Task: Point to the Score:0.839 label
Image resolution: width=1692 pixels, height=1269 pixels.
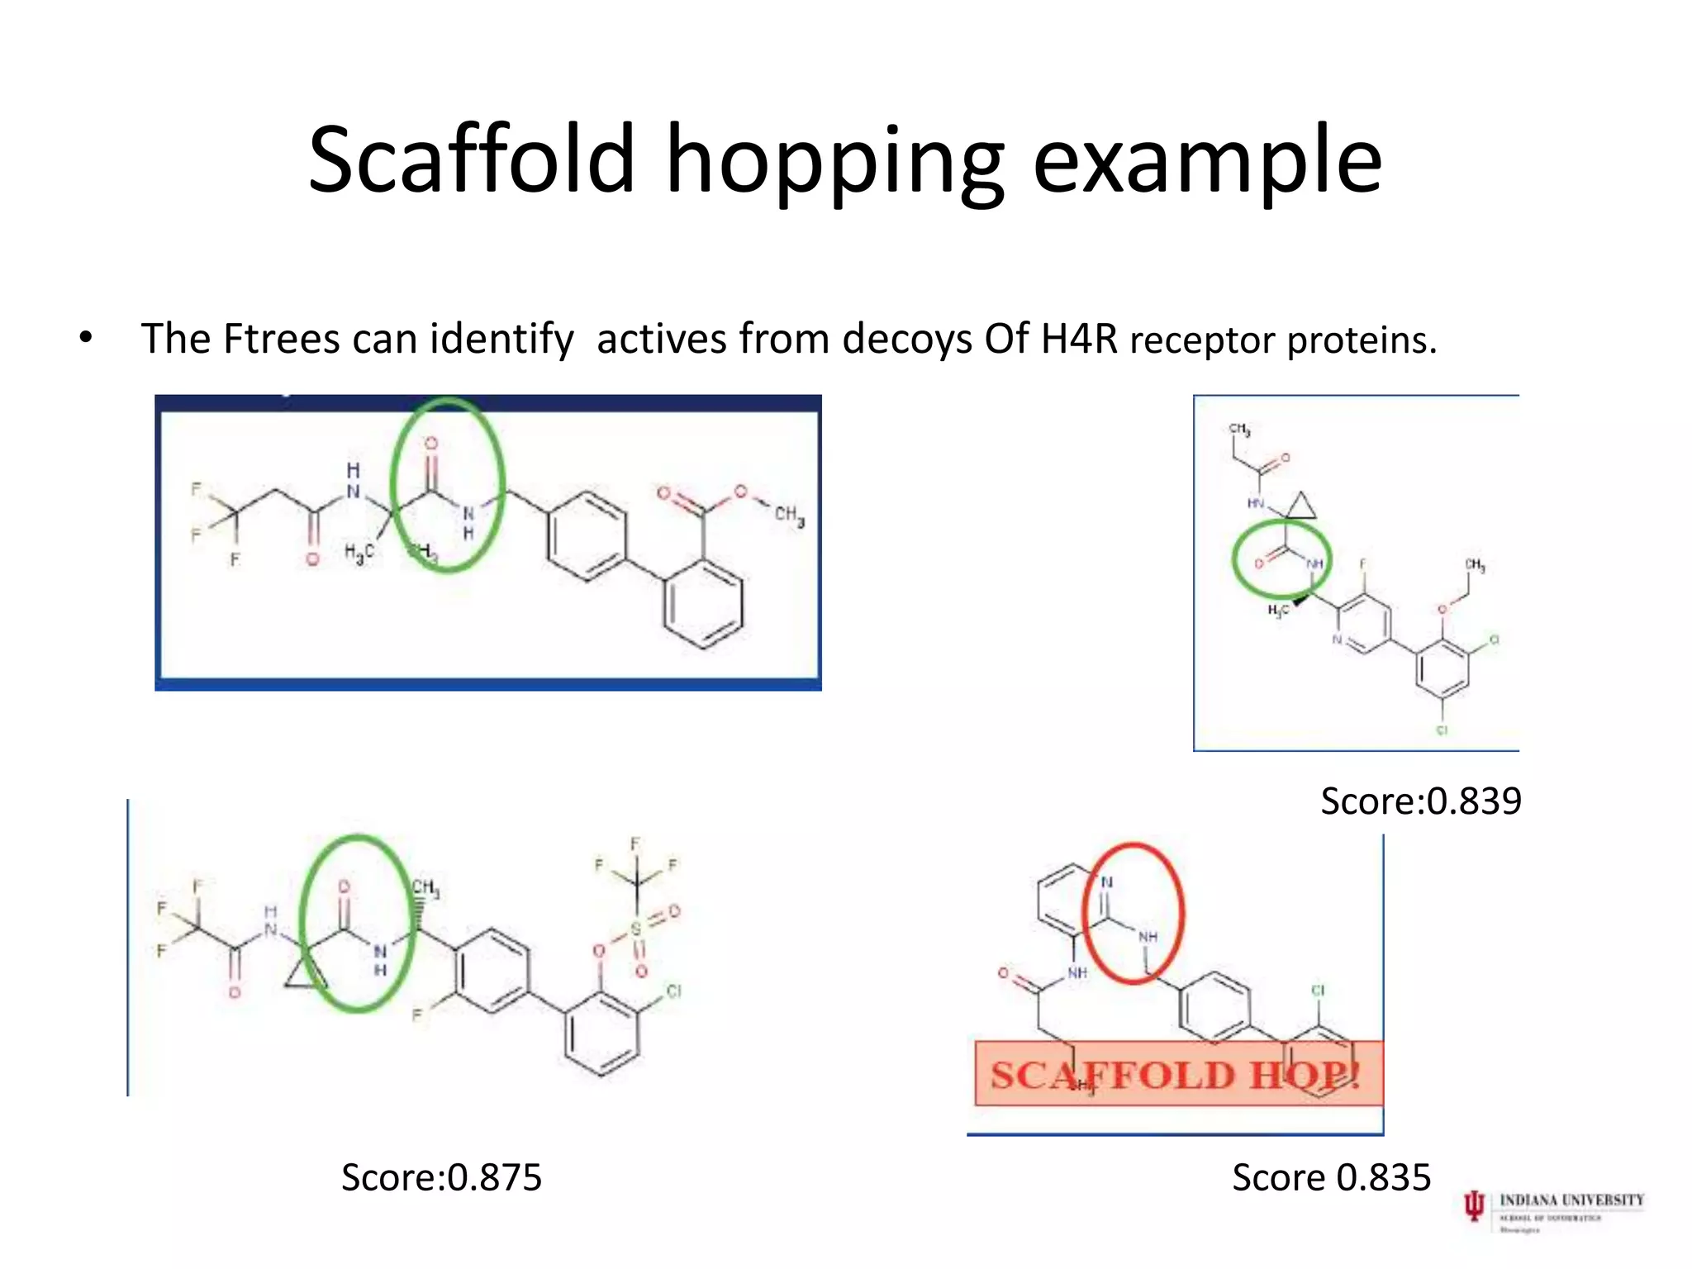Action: click(1420, 801)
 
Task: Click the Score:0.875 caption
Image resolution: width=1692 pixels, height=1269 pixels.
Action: click(441, 1176)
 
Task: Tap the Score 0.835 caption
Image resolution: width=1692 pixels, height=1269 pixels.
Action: click(1331, 1176)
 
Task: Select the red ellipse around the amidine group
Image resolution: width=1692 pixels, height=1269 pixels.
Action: click(1134, 913)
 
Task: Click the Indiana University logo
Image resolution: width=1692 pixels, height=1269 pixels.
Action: click(1552, 1210)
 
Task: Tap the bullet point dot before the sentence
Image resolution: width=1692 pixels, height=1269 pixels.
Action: click(85, 338)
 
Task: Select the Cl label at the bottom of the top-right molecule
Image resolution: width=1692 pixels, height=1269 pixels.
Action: click(1442, 730)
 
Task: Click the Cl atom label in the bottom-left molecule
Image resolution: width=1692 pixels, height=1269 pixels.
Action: click(673, 991)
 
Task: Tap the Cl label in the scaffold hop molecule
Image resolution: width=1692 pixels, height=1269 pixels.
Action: click(1318, 990)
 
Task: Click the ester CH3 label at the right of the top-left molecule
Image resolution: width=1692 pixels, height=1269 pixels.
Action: click(789, 516)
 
